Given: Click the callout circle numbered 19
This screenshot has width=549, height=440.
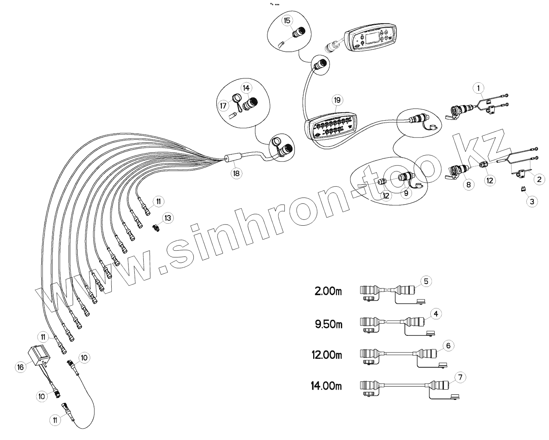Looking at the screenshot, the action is click(x=337, y=100).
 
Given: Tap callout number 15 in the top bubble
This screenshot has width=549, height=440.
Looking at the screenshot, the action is click(x=287, y=21).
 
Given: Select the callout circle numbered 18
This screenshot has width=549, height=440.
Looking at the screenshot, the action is click(x=236, y=173).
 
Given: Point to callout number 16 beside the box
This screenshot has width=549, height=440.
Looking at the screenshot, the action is click(x=21, y=367).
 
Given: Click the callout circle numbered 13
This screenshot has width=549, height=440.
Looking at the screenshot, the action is click(x=168, y=218).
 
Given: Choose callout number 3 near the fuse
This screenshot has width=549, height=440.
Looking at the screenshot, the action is click(x=532, y=201).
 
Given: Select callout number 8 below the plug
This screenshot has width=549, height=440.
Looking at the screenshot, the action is click(x=469, y=184).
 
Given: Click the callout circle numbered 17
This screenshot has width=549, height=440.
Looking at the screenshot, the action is click(x=223, y=105).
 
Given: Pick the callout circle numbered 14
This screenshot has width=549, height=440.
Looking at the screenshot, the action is click(x=246, y=88).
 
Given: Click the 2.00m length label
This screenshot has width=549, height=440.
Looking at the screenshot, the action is click(x=328, y=291).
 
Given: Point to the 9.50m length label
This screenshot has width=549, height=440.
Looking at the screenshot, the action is click(x=328, y=324).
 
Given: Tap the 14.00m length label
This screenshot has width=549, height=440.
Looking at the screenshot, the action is click(x=326, y=386).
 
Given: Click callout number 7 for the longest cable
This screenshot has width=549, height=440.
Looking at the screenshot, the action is click(x=461, y=378).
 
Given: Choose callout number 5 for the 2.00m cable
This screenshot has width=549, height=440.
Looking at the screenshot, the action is click(x=426, y=281).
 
